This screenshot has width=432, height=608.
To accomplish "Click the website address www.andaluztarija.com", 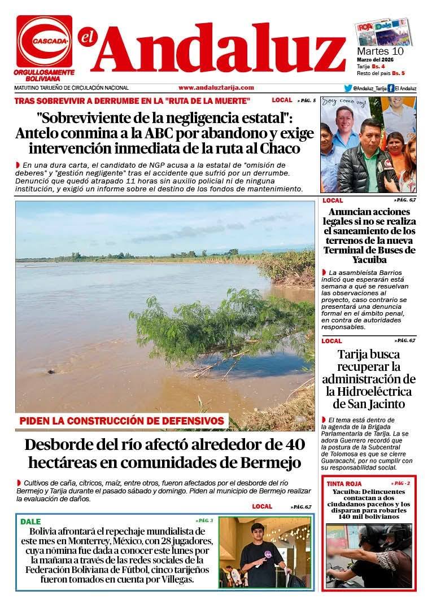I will tap(216, 88).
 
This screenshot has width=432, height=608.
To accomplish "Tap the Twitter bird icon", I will tap(348, 88).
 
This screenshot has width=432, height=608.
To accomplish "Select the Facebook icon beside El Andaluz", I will tap(391, 88).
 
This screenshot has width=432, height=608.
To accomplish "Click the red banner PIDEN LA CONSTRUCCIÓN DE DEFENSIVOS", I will tap(122, 421).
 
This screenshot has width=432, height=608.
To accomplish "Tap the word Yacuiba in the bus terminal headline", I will tap(369, 260).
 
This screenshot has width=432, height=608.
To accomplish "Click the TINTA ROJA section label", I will tap(343, 484).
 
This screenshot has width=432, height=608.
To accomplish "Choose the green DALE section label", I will tap(30, 522).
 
